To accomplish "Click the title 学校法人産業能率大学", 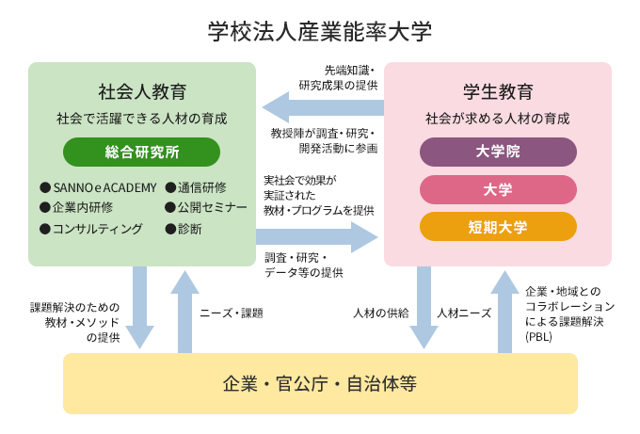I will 319,31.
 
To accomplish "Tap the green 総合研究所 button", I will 141,152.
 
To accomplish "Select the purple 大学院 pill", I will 498,151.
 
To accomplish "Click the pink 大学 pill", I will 498,189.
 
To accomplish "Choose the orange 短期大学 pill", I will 498,227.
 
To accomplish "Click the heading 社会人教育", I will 142,92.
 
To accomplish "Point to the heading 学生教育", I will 498,92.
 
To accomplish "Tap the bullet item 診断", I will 189,229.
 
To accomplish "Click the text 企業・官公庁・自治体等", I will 320,383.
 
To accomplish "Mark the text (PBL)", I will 539,336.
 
